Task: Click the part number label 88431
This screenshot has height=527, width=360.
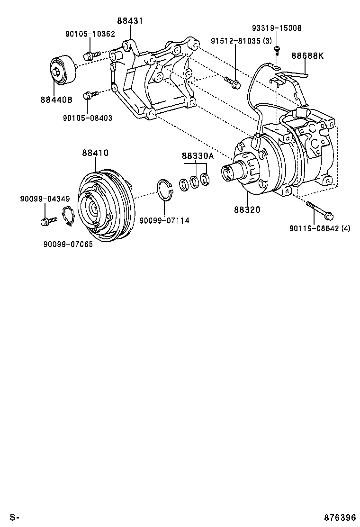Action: coord(130,21)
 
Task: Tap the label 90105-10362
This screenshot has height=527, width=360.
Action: coord(90,34)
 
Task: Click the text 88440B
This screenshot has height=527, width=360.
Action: coord(56,100)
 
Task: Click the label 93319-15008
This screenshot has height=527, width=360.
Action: coord(277,28)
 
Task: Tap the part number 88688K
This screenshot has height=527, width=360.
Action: coord(307,55)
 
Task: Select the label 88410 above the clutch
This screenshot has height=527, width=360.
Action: coord(95,153)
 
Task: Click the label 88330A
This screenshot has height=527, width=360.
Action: coord(198,156)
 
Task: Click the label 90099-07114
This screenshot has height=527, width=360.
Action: coord(164,221)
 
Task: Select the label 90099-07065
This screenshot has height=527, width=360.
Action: coord(68,245)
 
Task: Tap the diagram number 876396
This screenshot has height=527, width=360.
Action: coord(340,517)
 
